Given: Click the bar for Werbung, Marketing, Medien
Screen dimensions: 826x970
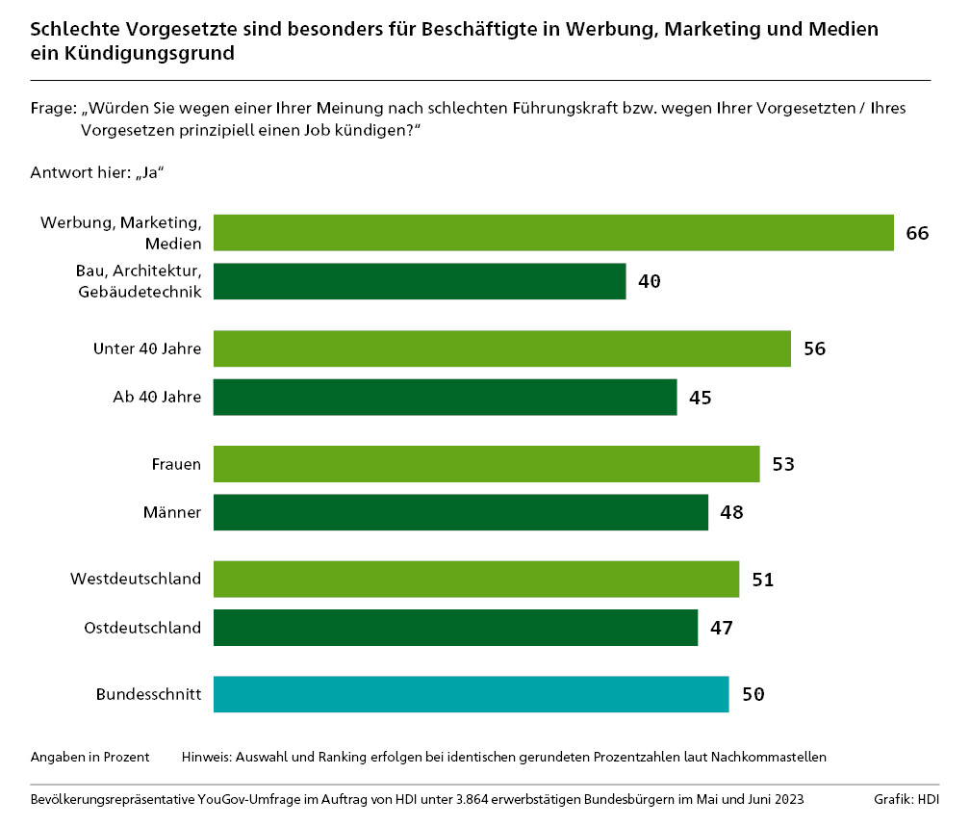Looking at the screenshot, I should pyautogui.click(x=553, y=233).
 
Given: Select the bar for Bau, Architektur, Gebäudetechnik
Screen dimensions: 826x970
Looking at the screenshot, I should pyautogui.click(x=420, y=281).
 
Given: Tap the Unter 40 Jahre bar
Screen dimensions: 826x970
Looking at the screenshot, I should pyautogui.click(x=501, y=348).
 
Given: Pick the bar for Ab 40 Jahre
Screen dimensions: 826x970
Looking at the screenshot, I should pyautogui.click(x=445, y=397).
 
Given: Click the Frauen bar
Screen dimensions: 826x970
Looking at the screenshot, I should pyautogui.click(x=486, y=464).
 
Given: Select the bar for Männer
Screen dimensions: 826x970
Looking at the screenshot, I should pyautogui.click(x=460, y=512).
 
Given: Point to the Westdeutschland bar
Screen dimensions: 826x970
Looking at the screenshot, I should pyautogui.click(x=475, y=580).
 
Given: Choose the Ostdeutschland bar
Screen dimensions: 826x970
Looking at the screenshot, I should pyautogui.click(x=455, y=628).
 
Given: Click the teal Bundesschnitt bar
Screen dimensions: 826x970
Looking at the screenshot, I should pyautogui.click(x=471, y=694).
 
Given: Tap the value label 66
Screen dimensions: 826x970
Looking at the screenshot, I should pyautogui.click(x=916, y=233).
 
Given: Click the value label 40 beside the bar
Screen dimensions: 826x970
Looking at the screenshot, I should pyautogui.click(x=650, y=281).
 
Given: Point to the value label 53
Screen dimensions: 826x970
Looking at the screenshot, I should pyautogui.click(x=783, y=464).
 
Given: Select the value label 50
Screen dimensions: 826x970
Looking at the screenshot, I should pyautogui.click(x=753, y=694).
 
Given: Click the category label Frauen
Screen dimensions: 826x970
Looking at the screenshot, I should pyautogui.click(x=176, y=464).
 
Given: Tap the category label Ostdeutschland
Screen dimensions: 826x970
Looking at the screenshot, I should pyautogui.click(x=142, y=628).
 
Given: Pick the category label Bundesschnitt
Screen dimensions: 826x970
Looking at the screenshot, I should pyautogui.click(x=148, y=694).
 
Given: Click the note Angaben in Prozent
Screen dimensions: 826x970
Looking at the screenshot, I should pyautogui.click(x=90, y=757).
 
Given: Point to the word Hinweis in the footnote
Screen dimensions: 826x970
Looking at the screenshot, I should pyautogui.click(x=206, y=757).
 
